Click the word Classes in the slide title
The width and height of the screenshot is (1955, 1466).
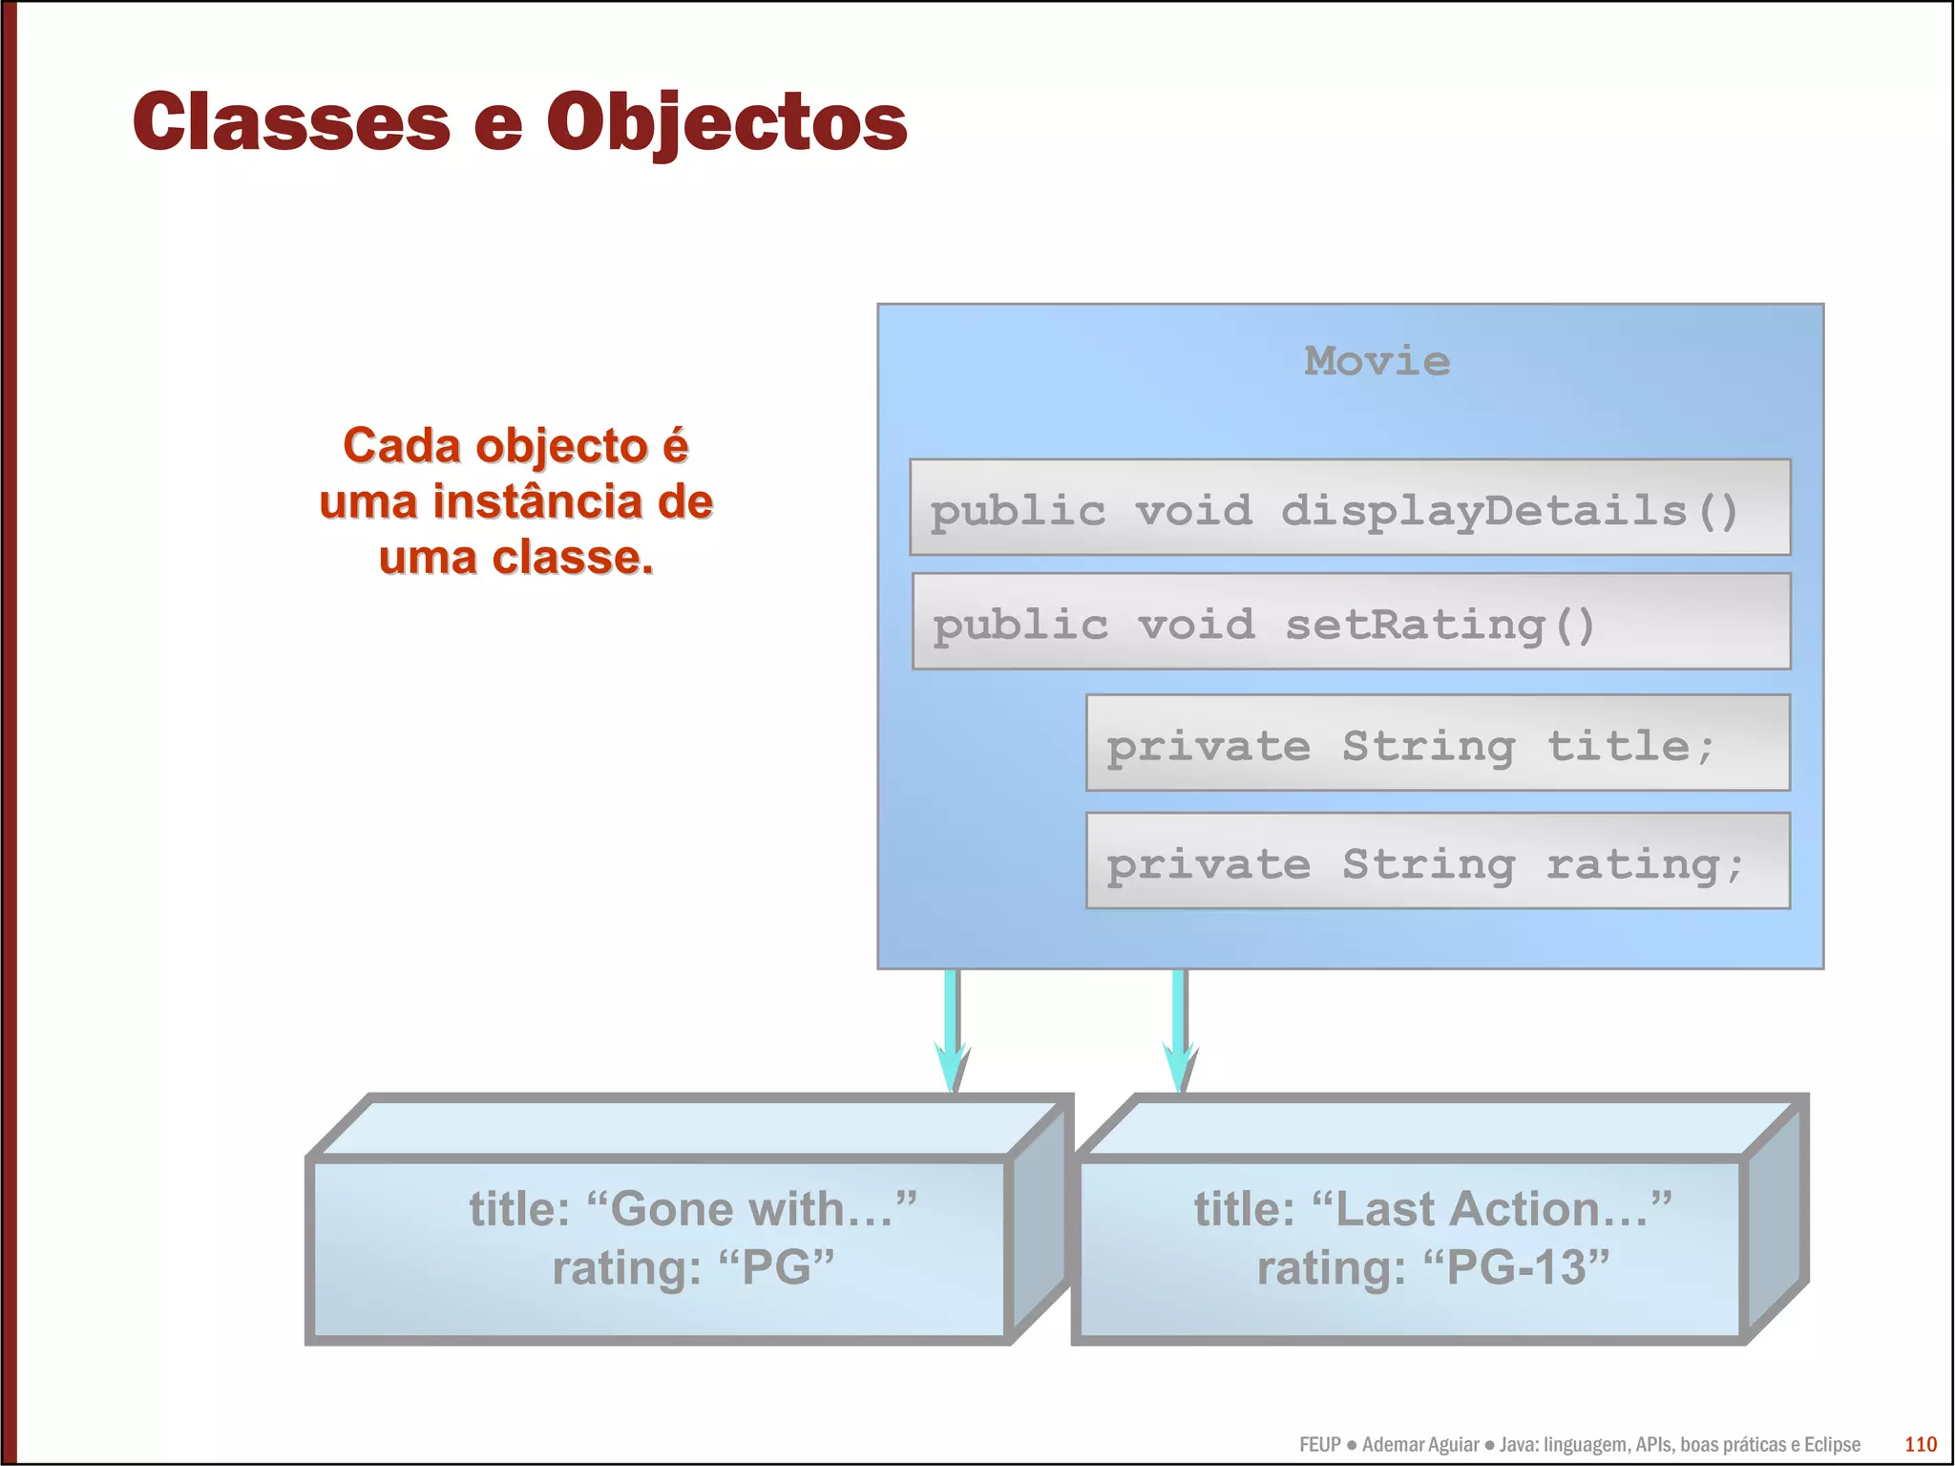[291, 122]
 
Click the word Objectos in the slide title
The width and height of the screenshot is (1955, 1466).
[726, 122]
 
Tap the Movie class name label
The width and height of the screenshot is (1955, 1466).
[1377, 361]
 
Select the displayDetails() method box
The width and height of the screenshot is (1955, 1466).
[1349, 508]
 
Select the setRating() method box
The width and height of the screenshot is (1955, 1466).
[1350, 622]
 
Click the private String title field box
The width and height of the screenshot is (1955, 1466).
[1437, 743]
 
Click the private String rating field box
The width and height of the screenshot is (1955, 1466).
[1437, 861]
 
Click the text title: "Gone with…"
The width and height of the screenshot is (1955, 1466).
[692, 1209]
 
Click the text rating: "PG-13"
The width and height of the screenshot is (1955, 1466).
[1432, 1268]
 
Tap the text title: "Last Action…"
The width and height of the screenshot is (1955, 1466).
[1432, 1209]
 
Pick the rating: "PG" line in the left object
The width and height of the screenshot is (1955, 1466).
[692, 1268]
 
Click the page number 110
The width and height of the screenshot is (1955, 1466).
[1920, 1444]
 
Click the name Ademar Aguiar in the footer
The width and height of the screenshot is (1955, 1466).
[1419, 1445]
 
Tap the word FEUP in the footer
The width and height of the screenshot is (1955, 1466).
[1319, 1445]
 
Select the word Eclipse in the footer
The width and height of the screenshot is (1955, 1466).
[1831, 1445]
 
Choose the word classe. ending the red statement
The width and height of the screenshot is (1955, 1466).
[572, 558]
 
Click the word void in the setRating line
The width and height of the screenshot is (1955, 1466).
[1195, 625]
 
